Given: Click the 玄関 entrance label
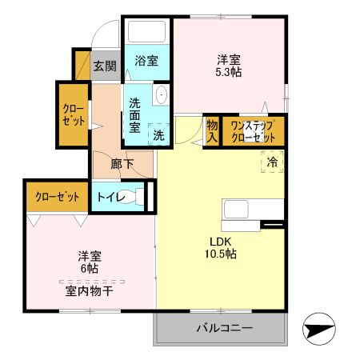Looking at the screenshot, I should [103, 66].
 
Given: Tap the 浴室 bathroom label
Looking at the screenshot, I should [146, 61].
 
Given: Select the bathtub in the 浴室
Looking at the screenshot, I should [146, 33].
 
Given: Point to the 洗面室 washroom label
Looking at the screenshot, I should [135, 114].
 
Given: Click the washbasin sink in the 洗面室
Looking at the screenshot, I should [161, 95].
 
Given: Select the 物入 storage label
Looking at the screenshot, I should [211, 130].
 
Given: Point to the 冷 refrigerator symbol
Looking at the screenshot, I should [271, 162].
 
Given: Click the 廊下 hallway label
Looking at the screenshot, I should [122, 165].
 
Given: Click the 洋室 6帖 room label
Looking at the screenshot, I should [89, 262].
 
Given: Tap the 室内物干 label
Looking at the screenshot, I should [89, 291].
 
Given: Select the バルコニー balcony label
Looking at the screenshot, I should [224, 329].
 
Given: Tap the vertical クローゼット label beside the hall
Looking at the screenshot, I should [71, 114].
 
